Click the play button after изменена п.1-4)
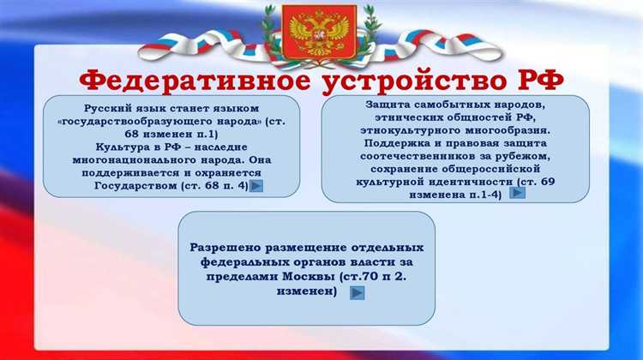click(518, 193)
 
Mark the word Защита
click(388, 103)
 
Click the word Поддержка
click(399, 142)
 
